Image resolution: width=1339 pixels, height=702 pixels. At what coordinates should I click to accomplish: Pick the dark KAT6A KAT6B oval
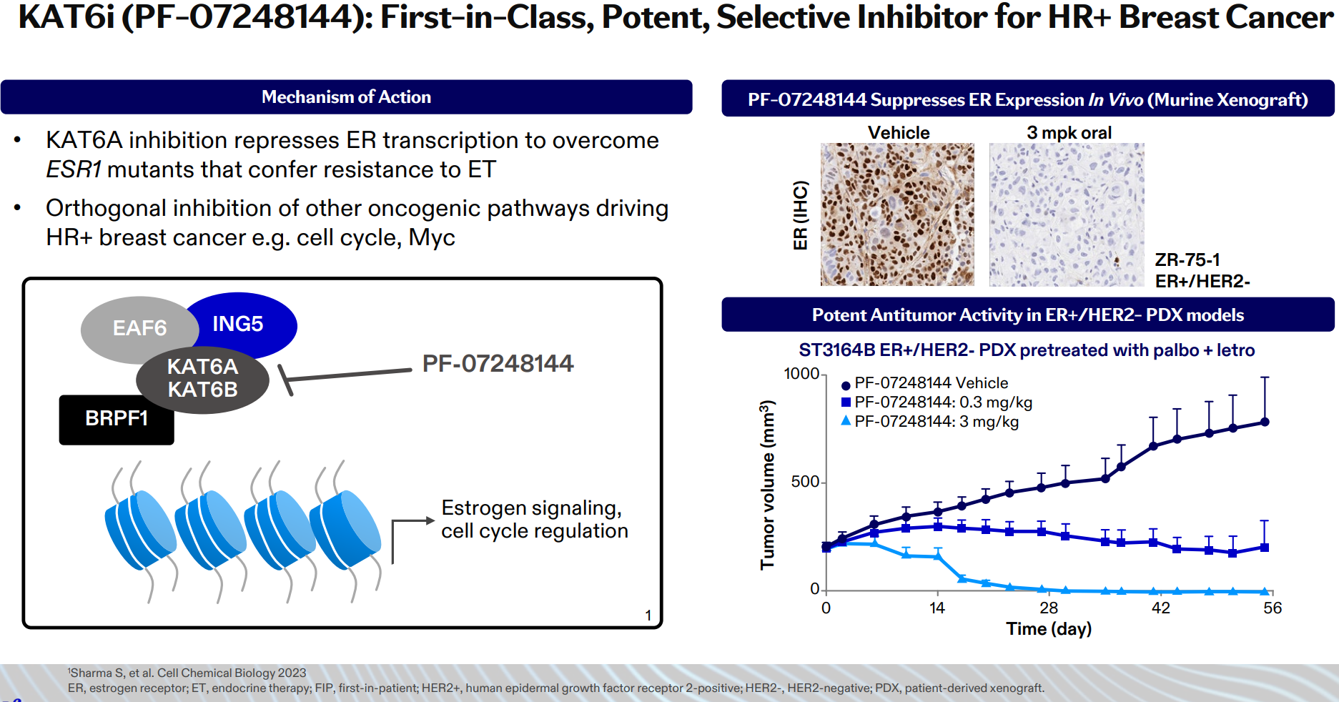[202, 379]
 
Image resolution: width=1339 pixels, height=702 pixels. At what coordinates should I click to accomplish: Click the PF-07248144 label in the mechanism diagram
[498, 363]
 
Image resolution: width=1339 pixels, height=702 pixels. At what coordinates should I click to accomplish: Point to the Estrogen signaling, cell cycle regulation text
[534, 519]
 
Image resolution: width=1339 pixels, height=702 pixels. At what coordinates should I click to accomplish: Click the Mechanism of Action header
[346, 97]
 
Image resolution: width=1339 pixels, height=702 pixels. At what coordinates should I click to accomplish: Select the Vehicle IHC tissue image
[897, 214]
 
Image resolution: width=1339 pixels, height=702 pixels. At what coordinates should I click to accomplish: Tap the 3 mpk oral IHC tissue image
[1067, 214]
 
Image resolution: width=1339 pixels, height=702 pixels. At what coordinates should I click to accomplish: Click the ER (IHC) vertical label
[801, 215]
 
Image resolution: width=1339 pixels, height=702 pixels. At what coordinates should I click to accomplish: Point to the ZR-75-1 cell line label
[1187, 259]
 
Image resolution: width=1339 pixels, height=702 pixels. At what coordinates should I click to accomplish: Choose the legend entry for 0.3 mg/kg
[937, 402]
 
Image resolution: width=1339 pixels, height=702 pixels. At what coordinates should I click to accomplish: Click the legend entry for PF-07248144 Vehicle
[925, 383]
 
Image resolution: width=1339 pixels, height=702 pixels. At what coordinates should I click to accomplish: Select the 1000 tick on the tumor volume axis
[801, 374]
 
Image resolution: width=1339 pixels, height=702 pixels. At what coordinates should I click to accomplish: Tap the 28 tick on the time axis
[1049, 608]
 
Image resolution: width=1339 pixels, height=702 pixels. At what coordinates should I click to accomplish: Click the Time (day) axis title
[1049, 629]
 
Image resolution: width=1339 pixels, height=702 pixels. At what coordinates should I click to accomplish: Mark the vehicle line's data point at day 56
[1265, 422]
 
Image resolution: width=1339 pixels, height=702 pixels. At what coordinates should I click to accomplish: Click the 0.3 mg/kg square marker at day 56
[1265, 548]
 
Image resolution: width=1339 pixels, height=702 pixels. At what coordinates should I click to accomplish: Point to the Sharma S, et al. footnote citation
[187, 673]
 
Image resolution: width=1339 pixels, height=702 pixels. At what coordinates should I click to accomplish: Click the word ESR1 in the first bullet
[74, 169]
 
